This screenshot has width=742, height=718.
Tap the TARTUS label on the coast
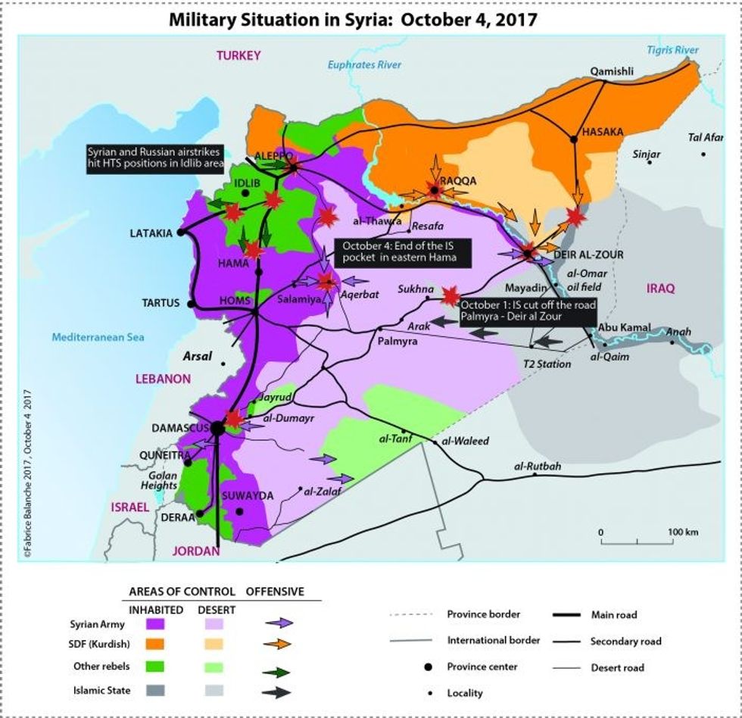pyautogui.click(x=161, y=303)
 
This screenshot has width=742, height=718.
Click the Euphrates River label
pyautogui.click(x=364, y=65)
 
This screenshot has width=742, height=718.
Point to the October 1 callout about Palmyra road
pyautogui.click(x=528, y=311)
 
